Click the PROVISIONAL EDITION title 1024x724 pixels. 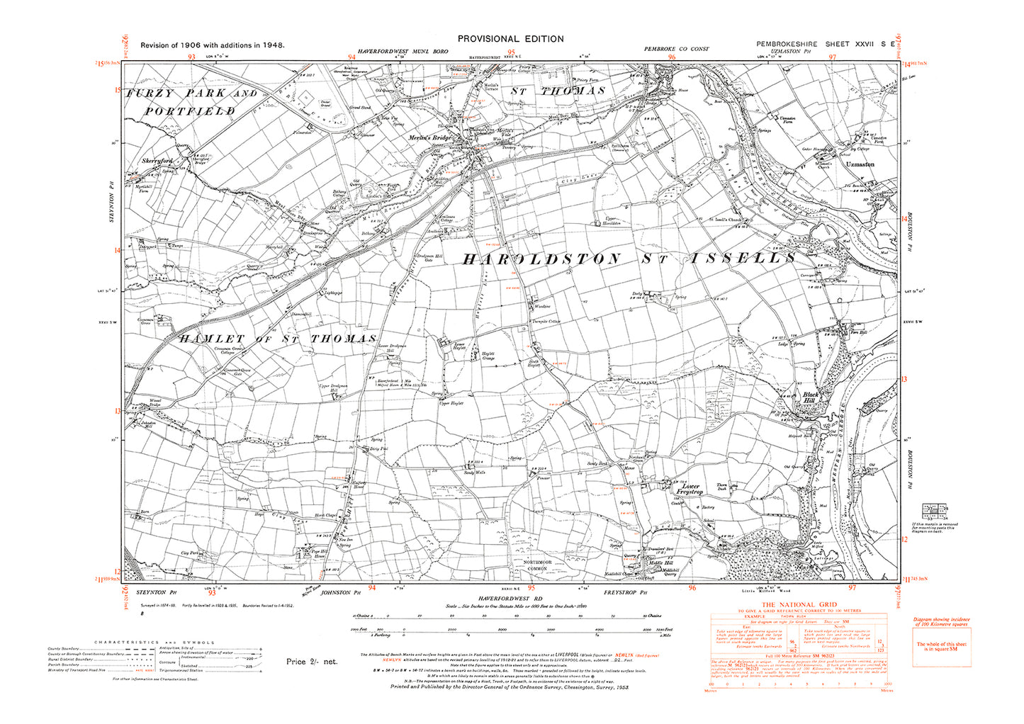coord(510,39)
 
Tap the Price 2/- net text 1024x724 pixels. coord(312,662)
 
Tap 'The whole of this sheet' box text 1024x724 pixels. coord(936,647)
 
